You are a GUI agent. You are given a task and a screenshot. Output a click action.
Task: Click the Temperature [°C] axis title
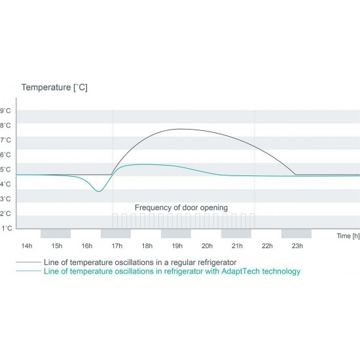(54, 88)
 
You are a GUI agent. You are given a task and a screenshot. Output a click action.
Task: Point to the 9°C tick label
(5, 111)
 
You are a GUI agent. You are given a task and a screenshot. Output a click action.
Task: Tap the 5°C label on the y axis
(5, 170)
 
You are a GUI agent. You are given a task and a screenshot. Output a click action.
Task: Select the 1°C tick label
(7, 228)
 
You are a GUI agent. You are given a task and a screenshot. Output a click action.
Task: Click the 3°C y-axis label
(5, 199)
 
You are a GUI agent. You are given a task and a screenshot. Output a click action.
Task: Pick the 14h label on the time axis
(27, 246)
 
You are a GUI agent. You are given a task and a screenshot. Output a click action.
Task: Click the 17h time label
(117, 246)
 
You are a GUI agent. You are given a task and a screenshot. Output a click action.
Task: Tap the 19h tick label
(177, 246)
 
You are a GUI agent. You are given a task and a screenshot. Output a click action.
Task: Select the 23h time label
(297, 246)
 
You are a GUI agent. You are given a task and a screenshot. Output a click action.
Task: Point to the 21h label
(237, 246)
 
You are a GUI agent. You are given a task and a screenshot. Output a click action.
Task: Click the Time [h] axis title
(348, 236)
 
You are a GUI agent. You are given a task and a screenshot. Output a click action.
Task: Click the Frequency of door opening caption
(181, 207)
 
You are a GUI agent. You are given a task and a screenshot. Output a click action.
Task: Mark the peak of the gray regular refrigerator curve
(181, 129)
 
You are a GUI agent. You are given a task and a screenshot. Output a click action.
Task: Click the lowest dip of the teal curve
(98, 192)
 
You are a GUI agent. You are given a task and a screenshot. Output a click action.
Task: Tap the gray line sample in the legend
(28, 262)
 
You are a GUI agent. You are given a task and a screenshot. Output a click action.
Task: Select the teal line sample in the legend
(28, 271)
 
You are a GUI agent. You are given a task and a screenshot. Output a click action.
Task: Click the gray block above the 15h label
(56, 234)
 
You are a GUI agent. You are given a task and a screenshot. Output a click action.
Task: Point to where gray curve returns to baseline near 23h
(295, 175)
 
